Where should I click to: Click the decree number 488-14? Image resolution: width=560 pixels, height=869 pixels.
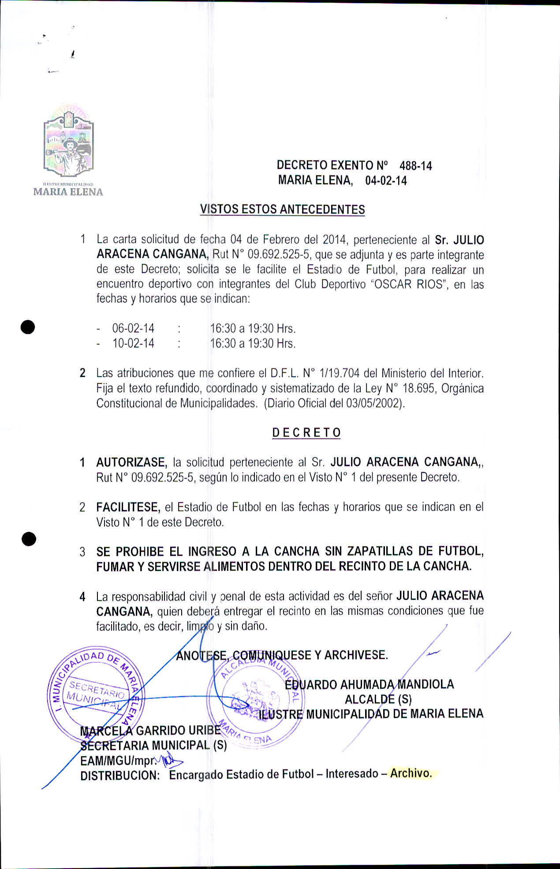click(x=415, y=166)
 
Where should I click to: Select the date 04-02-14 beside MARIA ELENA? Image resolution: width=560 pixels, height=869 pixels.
click(x=386, y=181)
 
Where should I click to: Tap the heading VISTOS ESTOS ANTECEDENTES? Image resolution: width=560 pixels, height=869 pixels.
click(x=282, y=209)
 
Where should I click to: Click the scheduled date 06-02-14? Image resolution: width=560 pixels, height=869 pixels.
click(x=133, y=329)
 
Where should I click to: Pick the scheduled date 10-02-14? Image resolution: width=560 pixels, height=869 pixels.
click(x=133, y=344)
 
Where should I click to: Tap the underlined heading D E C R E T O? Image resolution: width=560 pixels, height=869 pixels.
click(x=306, y=433)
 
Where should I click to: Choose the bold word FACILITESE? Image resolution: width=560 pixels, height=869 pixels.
click(x=128, y=507)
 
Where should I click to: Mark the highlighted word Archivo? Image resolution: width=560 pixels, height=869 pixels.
click(x=411, y=773)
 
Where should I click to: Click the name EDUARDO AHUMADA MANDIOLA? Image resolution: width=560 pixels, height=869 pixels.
click(x=369, y=684)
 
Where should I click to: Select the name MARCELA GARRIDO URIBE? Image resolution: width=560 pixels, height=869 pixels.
click(x=150, y=730)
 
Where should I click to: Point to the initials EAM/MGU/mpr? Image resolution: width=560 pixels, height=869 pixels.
click(x=118, y=761)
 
